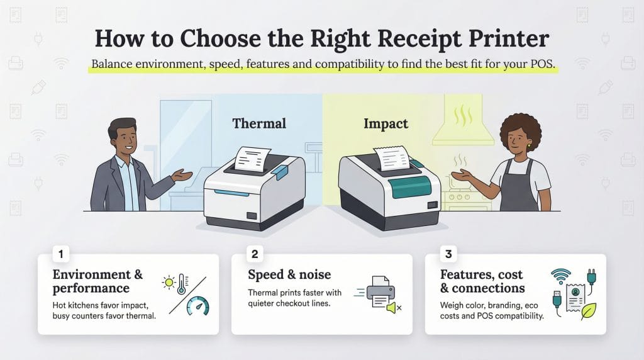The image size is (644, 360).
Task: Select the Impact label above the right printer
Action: (386, 123)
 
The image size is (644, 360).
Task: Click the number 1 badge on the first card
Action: (61, 255)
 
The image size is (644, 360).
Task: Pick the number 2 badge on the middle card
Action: (255, 255)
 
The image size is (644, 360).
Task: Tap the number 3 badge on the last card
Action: (448, 255)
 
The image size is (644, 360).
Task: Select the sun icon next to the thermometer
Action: (169, 281)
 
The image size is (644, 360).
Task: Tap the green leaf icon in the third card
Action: (588, 310)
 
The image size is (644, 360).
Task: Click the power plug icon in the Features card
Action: (591, 278)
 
